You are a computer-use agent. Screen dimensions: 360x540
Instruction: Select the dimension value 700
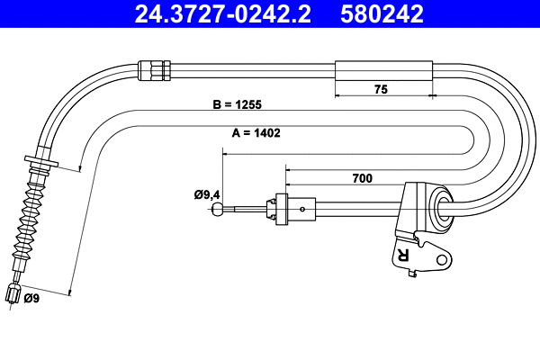(x=362, y=178)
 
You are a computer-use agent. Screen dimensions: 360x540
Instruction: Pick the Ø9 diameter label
(x=31, y=298)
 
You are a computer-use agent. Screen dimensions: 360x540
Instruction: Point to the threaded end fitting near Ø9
(x=13, y=293)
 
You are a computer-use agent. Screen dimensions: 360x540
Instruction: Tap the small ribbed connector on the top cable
(x=154, y=69)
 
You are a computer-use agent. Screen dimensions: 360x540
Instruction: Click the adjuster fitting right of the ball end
(x=281, y=209)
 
